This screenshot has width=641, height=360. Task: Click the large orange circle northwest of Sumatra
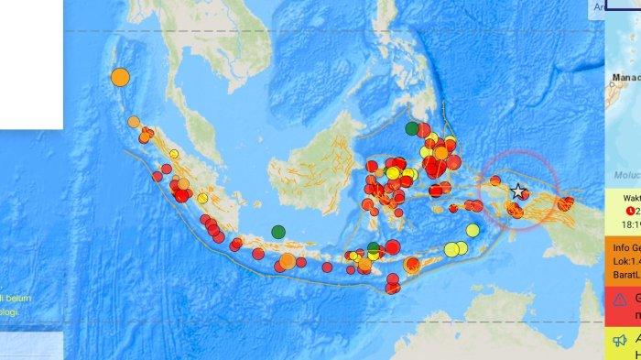coord(120,77)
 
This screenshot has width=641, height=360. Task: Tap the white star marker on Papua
coord(519,191)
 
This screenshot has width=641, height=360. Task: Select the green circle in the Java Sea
coord(278,232)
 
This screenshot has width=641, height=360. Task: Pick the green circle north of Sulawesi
coord(412,128)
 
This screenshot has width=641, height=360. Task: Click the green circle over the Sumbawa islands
coord(373,247)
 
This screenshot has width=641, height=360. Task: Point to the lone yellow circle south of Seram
coord(473,230)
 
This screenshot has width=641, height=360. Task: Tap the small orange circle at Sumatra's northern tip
coord(134,122)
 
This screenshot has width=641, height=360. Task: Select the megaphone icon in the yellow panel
coord(620,340)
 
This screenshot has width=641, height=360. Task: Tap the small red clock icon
coord(619,209)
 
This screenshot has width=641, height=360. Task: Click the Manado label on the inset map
coord(625,79)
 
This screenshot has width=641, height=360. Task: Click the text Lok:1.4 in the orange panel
coord(625,259)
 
